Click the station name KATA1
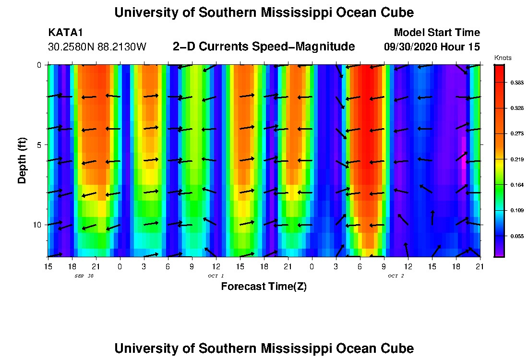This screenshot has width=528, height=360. [x=65, y=33]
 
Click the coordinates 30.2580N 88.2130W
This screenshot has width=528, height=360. [x=97, y=47]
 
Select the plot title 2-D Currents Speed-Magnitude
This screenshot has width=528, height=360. [x=264, y=47]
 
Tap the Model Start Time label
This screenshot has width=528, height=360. [x=437, y=33]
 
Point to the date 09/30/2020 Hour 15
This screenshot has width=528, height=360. [x=432, y=47]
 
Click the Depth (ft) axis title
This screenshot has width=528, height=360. [x=22, y=160]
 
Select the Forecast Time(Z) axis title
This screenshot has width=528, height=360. [x=264, y=287]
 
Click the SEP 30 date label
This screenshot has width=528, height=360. [x=84, y=276]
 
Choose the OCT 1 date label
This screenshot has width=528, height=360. [x=216, y=276]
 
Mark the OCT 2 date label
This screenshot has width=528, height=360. [x=396, y=276]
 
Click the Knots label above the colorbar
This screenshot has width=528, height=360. [x=503, y=58]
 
